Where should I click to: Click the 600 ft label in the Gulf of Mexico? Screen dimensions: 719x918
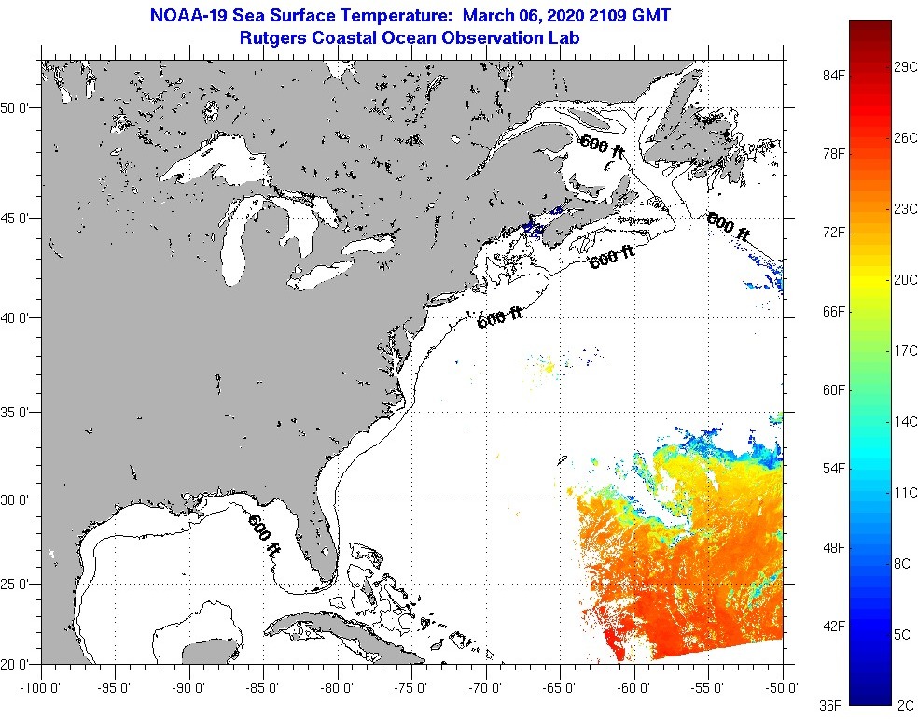click(264, 535)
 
